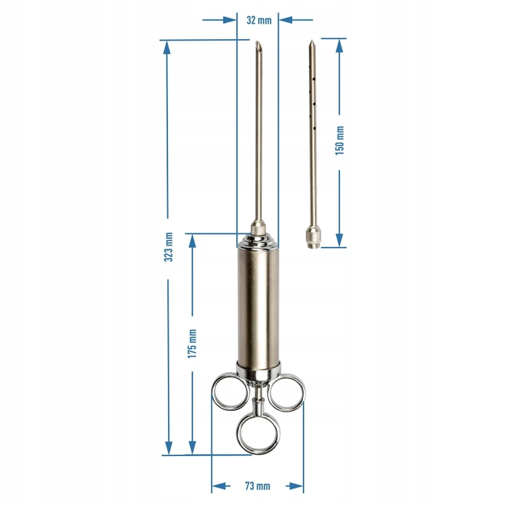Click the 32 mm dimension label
coord(259,20)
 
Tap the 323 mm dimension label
coord(169,247)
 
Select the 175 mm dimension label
coord(192,343)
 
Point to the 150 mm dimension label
coord(339,141)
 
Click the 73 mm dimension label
coord(258,486)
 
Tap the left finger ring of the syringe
coord(213,391)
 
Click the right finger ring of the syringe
coord(303,392)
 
